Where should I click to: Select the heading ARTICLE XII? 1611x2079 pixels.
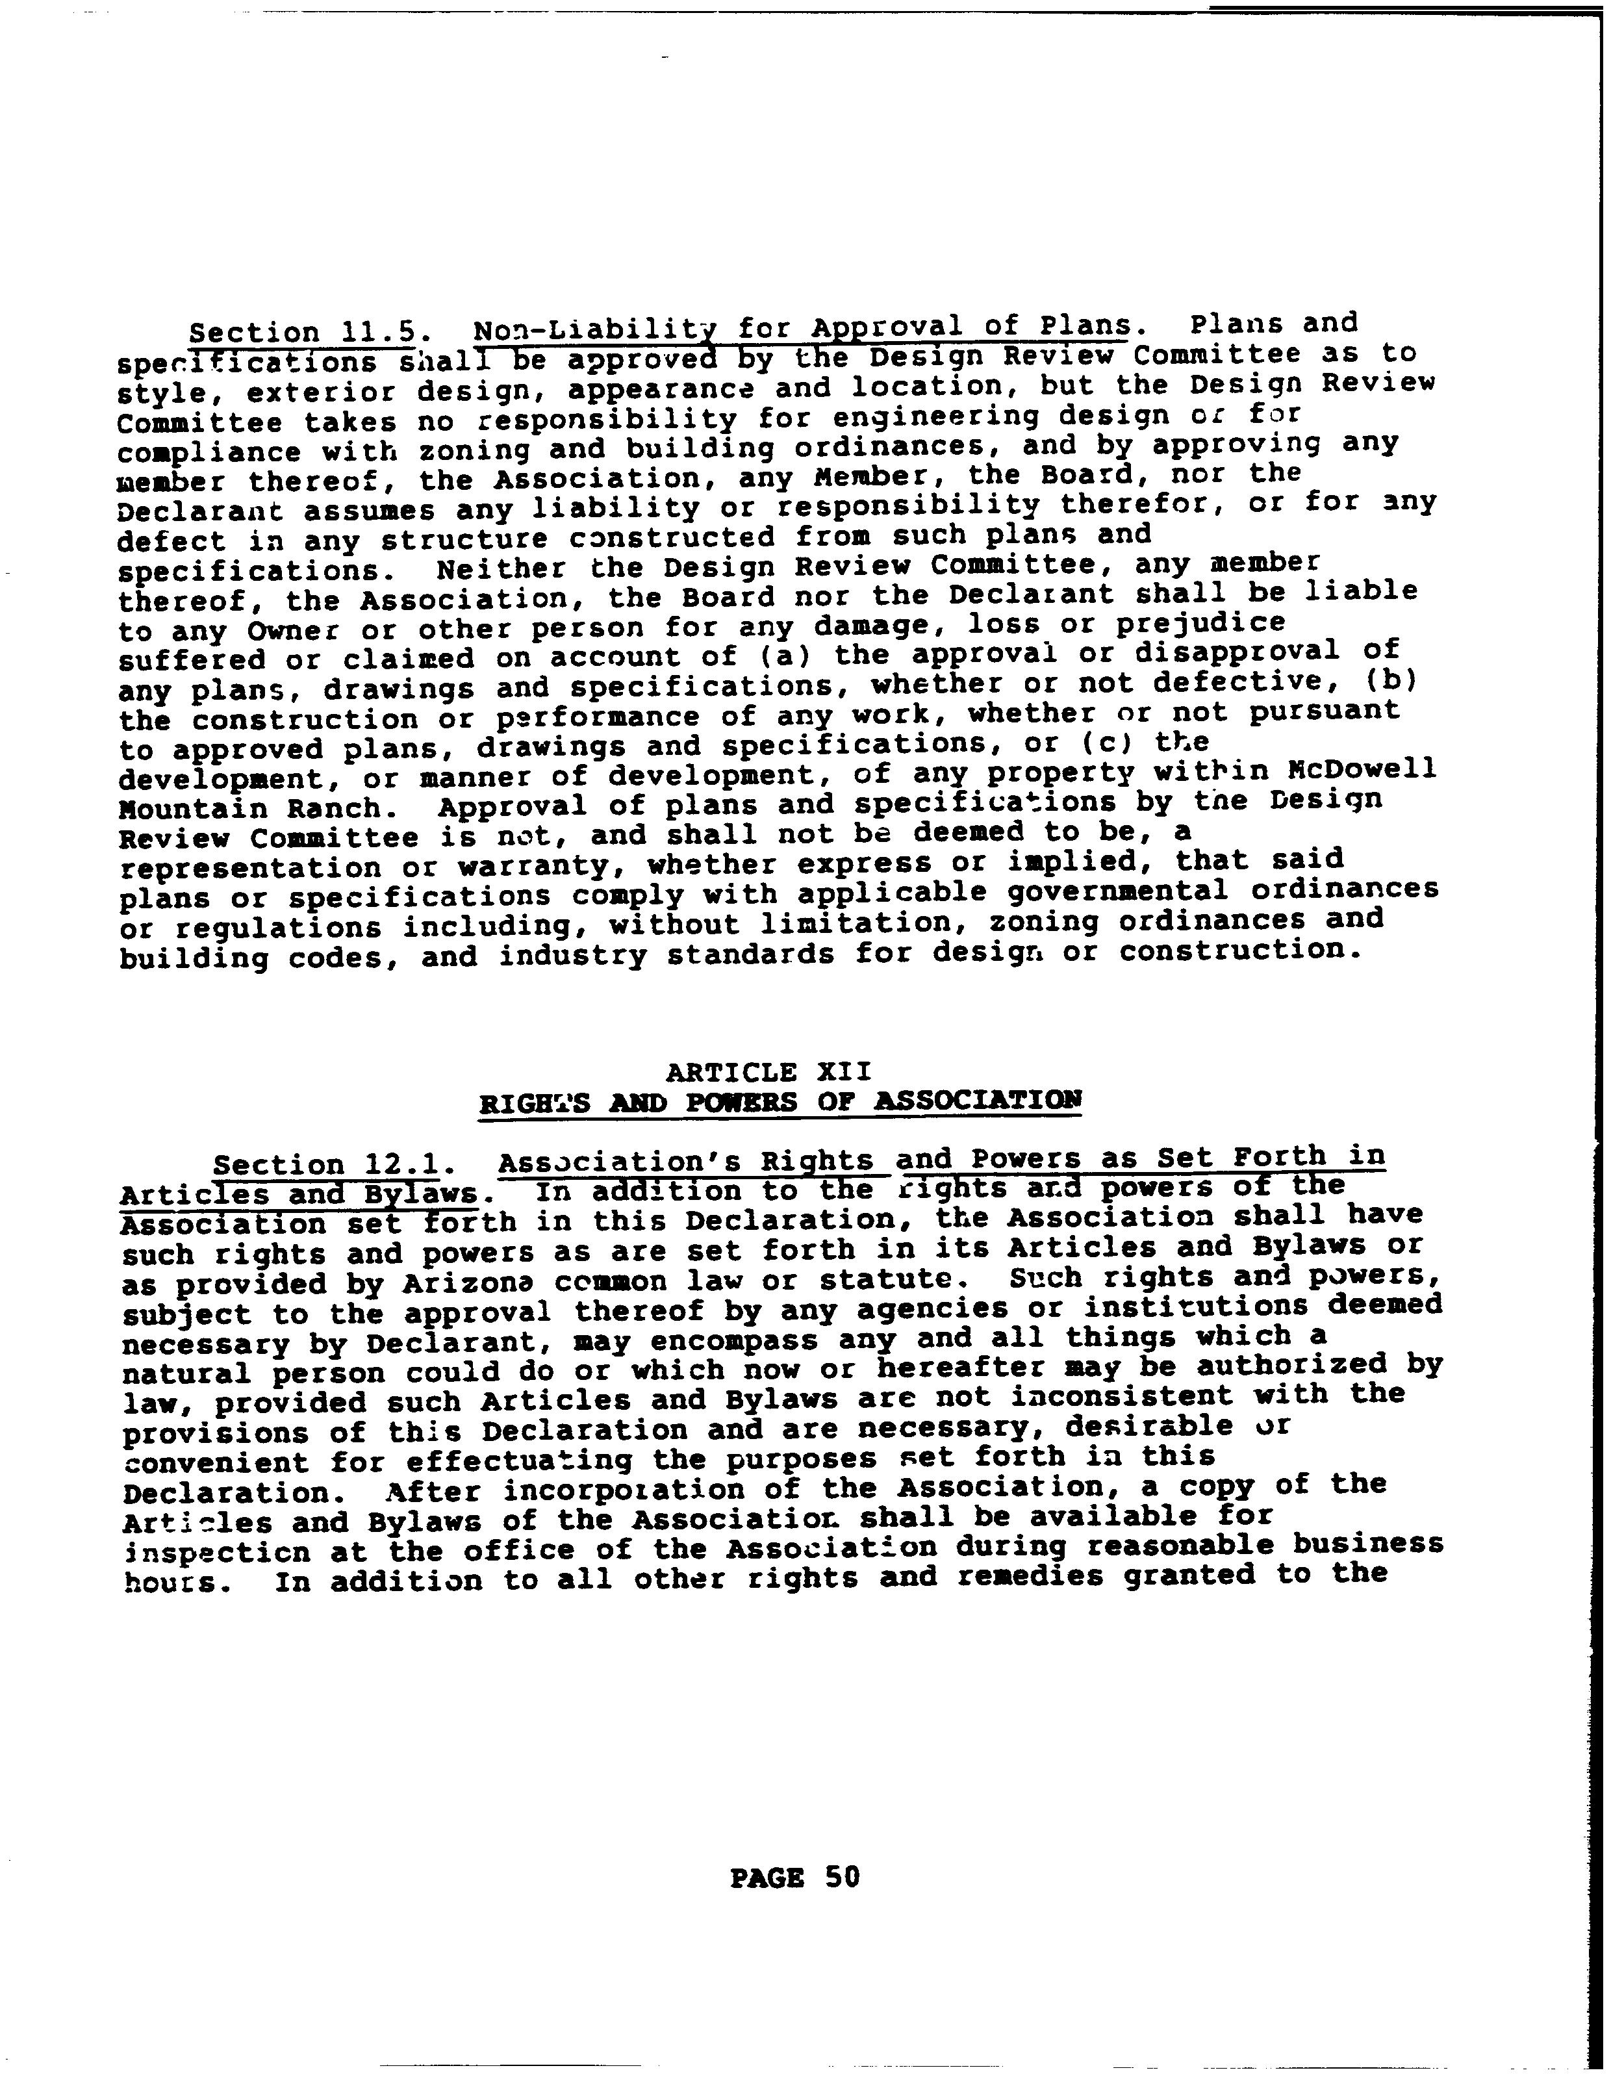coord(768,1072)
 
